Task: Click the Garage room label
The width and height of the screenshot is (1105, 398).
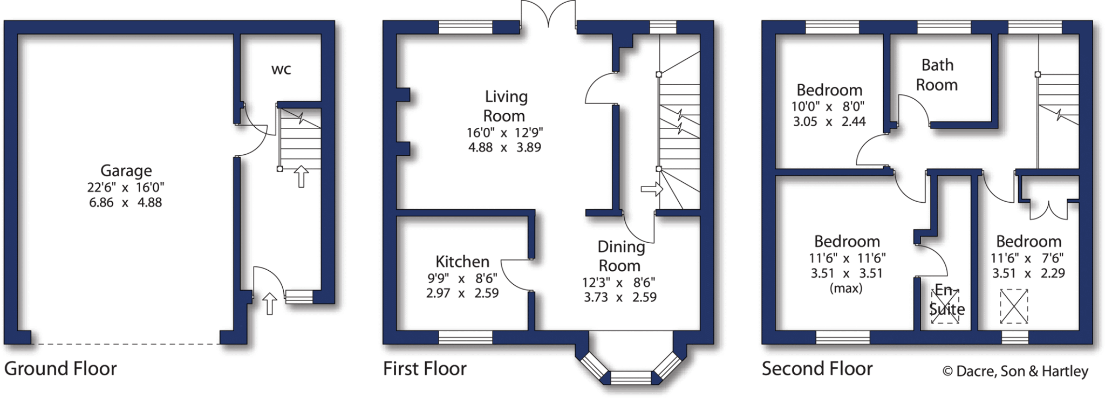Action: [126, 171]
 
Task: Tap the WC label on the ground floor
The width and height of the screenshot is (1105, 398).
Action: [281, 69]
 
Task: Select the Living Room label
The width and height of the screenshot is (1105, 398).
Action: [505, 106]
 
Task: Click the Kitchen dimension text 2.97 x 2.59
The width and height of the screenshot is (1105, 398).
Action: [462, 293]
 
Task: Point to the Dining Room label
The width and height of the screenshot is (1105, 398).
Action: [620, 256]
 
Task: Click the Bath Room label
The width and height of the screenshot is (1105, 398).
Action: [937, 75]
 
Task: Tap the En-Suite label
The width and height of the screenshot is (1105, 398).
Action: [946, 300]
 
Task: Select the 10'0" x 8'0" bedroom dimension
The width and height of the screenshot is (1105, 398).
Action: [828, 106]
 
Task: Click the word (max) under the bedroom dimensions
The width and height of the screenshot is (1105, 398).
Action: [845, 289]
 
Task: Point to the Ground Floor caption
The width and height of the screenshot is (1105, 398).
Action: [60, 369]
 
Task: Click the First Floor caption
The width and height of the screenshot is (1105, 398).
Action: [425, 369]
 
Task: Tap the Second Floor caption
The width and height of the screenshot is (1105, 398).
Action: [817, 369]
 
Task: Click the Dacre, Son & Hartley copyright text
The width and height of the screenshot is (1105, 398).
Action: [1015, 371]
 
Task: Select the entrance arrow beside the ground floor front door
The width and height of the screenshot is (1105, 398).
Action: [270, 304]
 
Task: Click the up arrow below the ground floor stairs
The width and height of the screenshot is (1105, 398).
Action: [301, 177]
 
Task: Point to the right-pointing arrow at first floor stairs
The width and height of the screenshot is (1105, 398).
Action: [652, 189]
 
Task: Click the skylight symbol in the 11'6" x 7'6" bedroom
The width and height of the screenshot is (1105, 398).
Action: [1014, 307]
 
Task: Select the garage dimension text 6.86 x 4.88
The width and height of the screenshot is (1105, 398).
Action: [125, 203]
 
